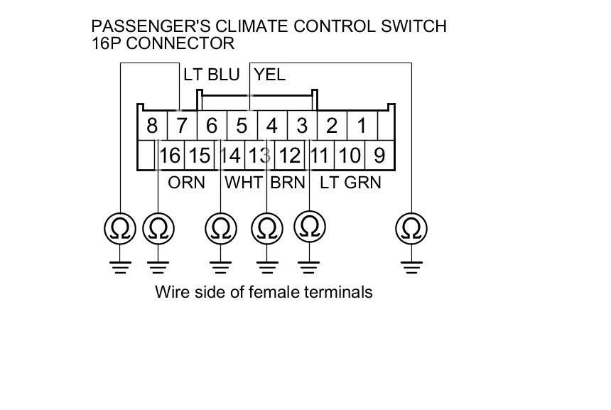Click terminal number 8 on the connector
tap(151, 126)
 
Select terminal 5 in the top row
tap(242, 126)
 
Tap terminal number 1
tap(362, 126)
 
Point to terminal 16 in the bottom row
tap(171, 155)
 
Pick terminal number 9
tap(379, 155)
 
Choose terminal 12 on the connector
tap(289, 155)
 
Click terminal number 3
tap(302, 126)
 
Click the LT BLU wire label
tap(211, 75)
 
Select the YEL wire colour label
tap(270, 75)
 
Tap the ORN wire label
tap(186, 183)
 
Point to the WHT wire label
tap(244, 183)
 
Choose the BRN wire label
tap(287, 183)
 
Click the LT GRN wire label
tap(350, 183)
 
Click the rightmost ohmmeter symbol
tap(411, 229)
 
